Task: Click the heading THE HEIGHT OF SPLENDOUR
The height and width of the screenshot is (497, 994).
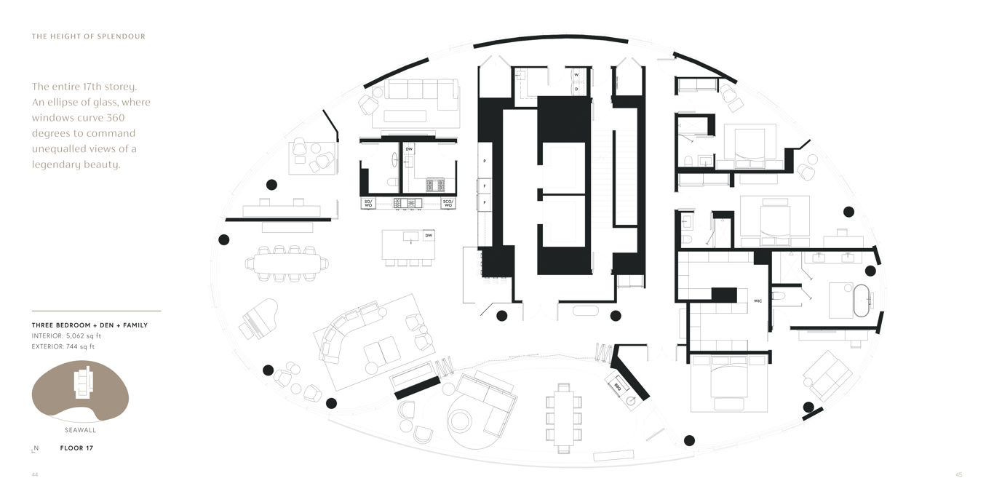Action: click(88, 36)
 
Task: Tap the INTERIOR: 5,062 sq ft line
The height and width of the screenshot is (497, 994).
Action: click(66, 336)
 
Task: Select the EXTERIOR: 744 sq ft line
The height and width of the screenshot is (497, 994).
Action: click(63, 346)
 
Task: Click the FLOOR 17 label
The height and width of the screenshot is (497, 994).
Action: click(76, 448)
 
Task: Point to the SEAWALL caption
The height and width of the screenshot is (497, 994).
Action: click(80, 430)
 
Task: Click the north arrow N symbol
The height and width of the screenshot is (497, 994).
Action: click(35, 449)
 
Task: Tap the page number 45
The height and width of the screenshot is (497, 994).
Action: click(958, 474)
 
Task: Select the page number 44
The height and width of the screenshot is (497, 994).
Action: click(35, 474)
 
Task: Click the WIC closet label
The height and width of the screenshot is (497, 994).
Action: click(758, 300)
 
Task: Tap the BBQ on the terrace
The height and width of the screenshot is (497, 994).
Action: click(618, 386)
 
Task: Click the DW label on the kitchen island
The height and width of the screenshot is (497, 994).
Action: click(429, 236)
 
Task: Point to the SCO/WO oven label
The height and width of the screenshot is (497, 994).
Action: click(448, 204)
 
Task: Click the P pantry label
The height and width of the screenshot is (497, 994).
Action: click(484, 161)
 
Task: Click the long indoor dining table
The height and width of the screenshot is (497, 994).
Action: click(287, 263)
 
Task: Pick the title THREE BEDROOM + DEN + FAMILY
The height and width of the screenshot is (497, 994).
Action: click(90, 325)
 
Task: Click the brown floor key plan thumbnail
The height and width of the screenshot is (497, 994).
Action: click(80, 391)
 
